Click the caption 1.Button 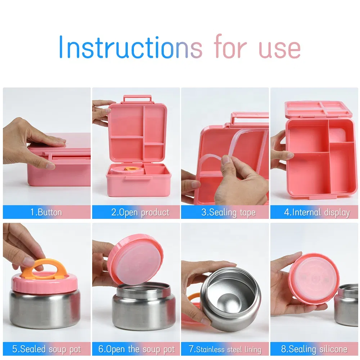[x=46, y=212]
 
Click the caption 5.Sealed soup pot [x=46, y=349]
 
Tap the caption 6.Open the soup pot [x=136, y=349]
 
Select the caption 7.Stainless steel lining [x=225, y=349]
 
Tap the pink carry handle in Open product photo [x=137, y=98]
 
